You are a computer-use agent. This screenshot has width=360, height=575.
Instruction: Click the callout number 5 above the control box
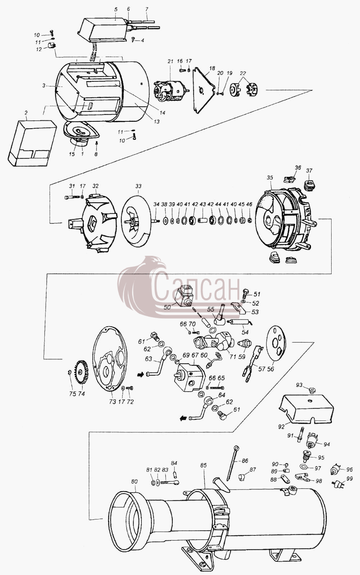[116, 9]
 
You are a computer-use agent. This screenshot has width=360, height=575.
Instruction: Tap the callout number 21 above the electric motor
[171, 61]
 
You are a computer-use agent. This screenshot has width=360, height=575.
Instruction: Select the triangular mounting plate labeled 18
[204, 90]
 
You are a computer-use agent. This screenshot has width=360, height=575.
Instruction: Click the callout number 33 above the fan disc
[138, 186]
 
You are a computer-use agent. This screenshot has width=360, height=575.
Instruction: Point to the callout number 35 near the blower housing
[270, 178]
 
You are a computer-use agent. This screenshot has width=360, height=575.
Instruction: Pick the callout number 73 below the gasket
[113, 401]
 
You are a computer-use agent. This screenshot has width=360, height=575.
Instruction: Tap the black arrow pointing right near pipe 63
[141, 375]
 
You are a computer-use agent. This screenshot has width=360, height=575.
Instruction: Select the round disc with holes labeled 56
[276, 343]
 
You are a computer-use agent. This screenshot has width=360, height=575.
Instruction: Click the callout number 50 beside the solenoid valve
[167, 307]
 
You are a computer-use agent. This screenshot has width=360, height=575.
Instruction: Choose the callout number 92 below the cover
[281, 427]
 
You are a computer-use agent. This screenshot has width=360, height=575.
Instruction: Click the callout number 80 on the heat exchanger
[134, 481]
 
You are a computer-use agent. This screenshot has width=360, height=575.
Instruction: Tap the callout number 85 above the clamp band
[204, 465]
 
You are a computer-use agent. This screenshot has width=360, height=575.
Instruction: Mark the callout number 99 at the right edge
[350, 478]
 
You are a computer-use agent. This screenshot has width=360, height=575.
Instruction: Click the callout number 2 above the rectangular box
[26, 113]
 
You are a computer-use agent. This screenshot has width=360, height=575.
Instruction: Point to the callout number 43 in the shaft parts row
[203, 204]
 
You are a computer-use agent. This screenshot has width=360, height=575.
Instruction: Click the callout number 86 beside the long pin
[245, 461]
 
